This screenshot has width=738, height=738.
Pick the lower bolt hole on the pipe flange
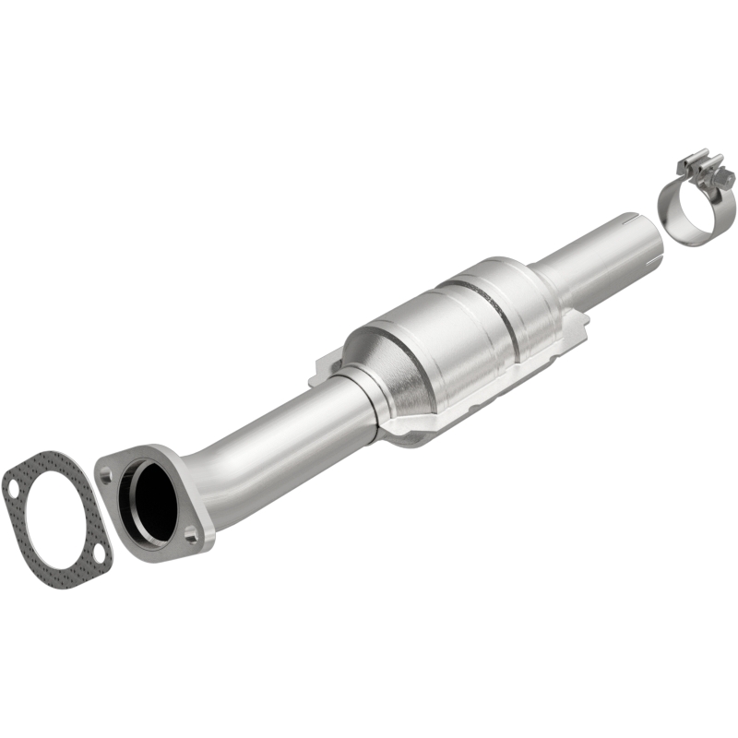pos(189,533)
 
